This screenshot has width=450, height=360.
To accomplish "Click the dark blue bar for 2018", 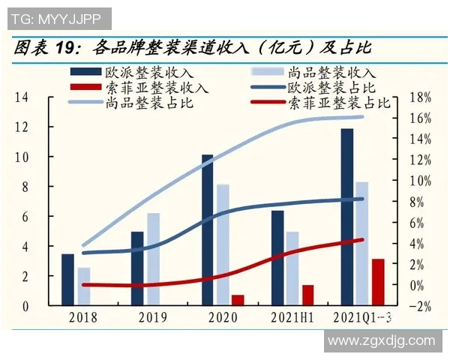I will click(x=67, y=280).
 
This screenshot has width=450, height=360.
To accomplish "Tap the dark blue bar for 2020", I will click(x=207, y=230).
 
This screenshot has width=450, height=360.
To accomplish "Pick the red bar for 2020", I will click(x=238, y=300).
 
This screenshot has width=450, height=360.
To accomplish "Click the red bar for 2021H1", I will click(x=307, y=295).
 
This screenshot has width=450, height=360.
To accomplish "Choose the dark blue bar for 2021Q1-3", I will click(x=346, y=217).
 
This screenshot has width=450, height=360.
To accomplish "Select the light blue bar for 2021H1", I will click(x=292, y=268).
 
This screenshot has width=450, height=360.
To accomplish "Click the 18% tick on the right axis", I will click(x=422, y=97).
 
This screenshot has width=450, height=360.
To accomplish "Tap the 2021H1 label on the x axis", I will click(x=292, y=318).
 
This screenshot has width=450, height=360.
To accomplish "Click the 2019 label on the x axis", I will click(x=152, y=318).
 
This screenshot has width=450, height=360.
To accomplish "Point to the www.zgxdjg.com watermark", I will click(x=382, y=341).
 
